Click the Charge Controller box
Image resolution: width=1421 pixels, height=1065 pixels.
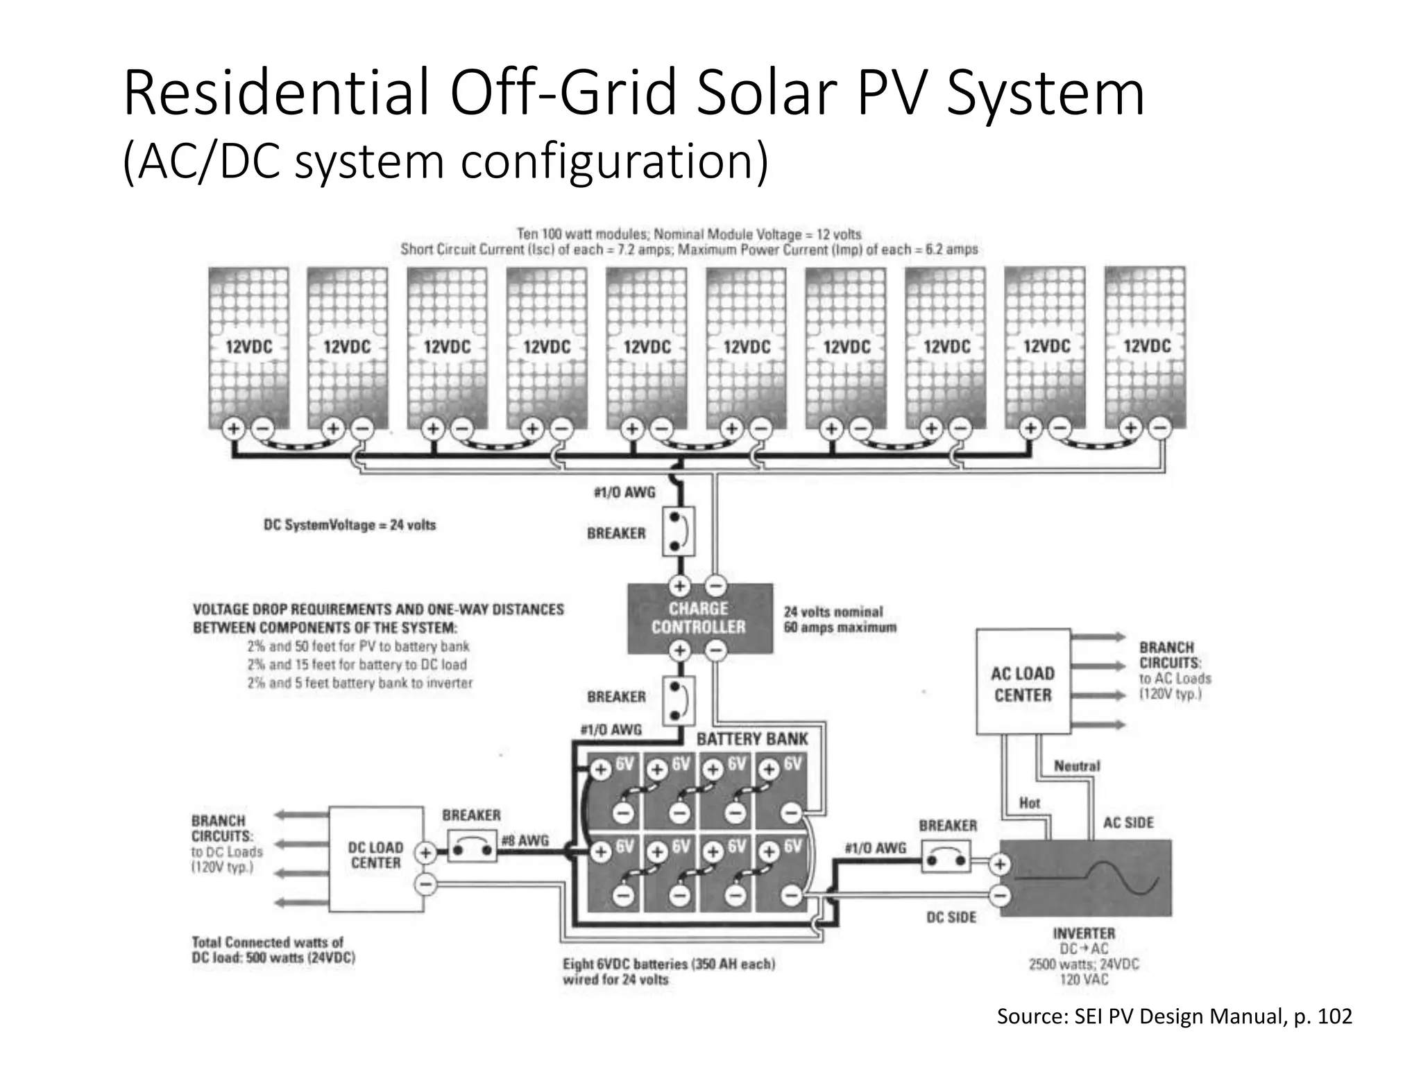coord(699,618)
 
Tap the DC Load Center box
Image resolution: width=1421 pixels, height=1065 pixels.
coord(375,858)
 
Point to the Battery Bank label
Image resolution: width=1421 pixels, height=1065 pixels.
coord(752,739)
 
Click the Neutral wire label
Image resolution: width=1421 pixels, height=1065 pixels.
coord(1077,766)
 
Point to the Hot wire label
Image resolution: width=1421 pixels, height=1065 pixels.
coord(1029,803)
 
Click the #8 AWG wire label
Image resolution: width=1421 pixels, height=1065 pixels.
coord(525,840)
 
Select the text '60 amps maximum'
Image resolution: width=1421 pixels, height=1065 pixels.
coord(840,628)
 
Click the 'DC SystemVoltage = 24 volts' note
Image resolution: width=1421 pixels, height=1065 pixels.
coord(350,525)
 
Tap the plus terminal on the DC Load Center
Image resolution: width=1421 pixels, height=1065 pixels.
coord(425,854)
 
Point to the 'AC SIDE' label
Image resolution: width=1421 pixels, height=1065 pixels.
coord(1128,823)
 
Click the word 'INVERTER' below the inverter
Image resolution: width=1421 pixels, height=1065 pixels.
coord(1084,934)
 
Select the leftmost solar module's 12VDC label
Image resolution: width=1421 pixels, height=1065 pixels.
coord(248,347)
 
